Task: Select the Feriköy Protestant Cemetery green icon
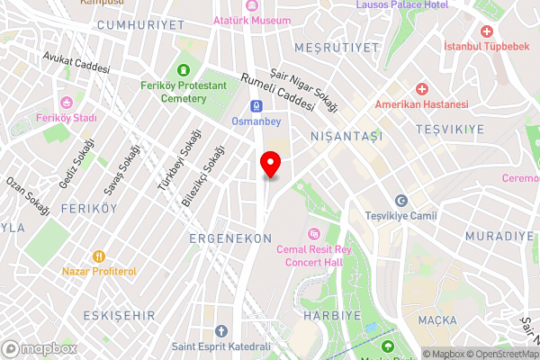click(x=184, y=70)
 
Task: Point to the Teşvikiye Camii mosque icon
click(x=400, y=200)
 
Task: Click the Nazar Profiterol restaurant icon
click(x=100, y=256)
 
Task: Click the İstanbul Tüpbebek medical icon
click(x=487, y=31)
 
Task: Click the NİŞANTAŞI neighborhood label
click(x=346, y=136)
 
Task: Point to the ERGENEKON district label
click(x=230, y=238)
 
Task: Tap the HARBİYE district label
click(x=332, y=316)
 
